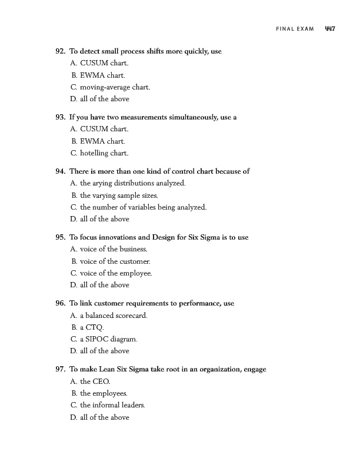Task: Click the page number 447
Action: click(x=329, y=28)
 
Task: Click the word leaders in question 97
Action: click(x=133, y=405)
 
